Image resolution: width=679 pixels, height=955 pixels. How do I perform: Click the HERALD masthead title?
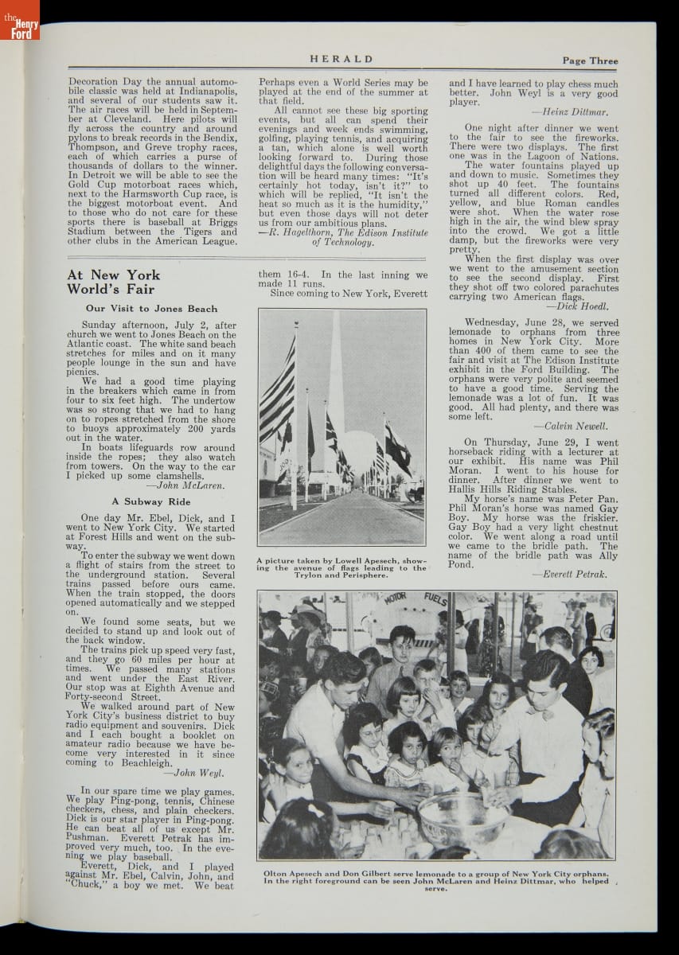pos(341,59)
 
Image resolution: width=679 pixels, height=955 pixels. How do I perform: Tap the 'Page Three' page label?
pos(589,60)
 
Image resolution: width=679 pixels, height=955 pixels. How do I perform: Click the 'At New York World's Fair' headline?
pos(113,283)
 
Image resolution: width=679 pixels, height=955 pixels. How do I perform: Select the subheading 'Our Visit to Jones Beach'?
pos(151,309)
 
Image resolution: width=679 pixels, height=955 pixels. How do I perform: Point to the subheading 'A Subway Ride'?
pos(151,501)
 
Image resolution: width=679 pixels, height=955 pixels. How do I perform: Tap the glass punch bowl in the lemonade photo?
pos(463,820)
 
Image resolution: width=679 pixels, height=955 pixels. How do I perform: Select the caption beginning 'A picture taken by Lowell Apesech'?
pos(341,568)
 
